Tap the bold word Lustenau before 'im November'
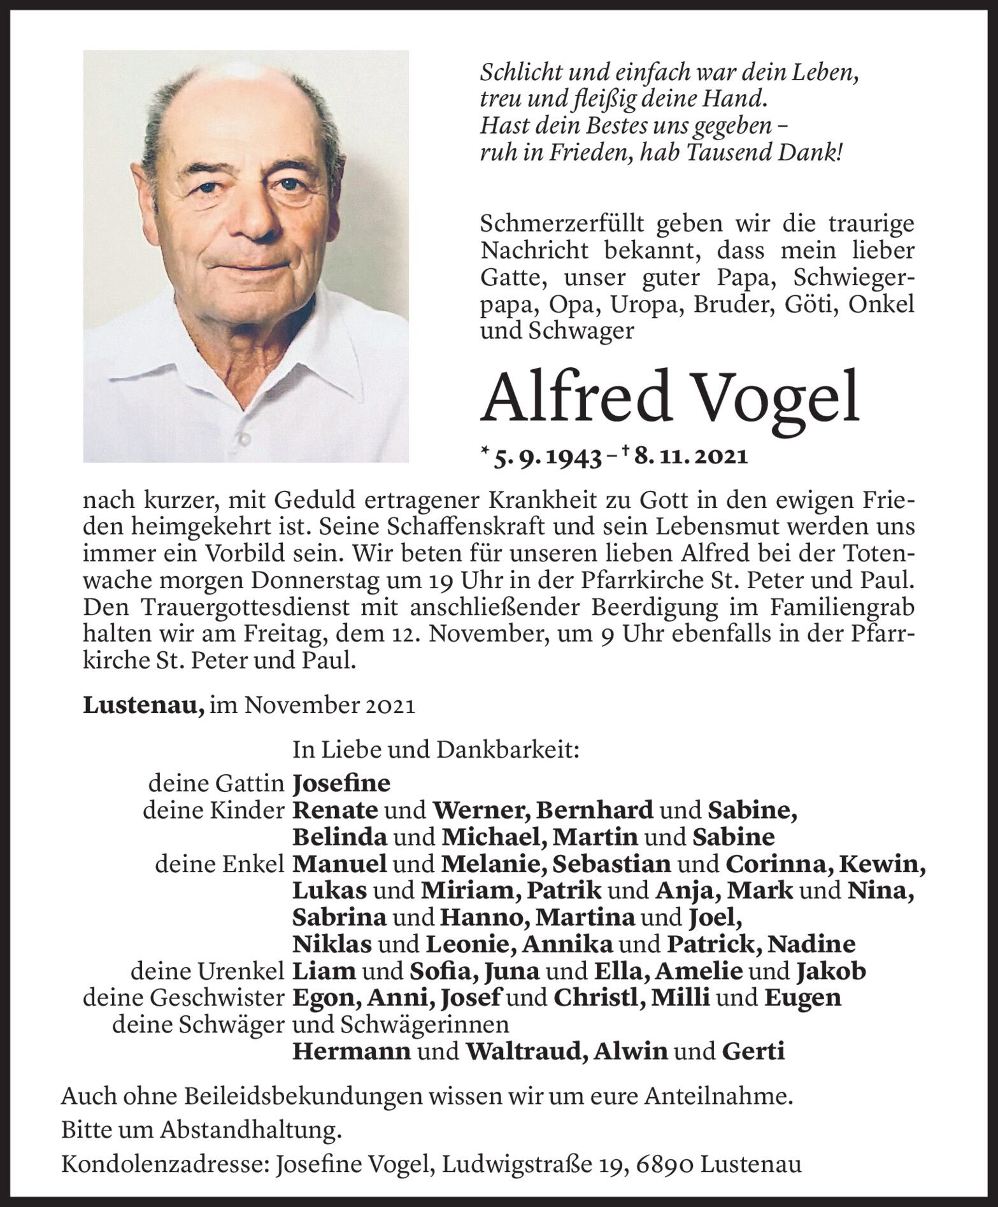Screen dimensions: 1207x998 click(x=143, y=706)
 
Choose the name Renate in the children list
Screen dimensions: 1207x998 click(x=335, y=810)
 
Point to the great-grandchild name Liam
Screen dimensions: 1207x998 click(x=324, y=971)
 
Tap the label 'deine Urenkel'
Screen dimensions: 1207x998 click(x=206, y=971)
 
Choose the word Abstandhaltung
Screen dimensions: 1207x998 click(x=248, y=1130)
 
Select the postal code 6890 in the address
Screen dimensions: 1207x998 click(x=662, y=1164)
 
